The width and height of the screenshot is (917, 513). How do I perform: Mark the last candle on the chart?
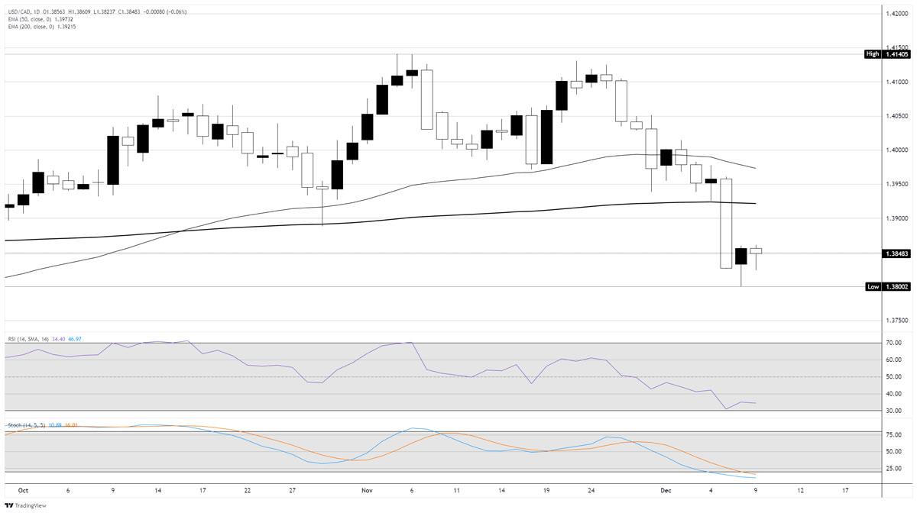756,251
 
